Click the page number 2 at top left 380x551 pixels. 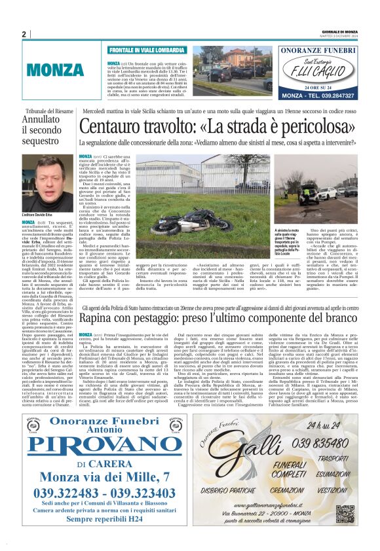[x=24, y=34]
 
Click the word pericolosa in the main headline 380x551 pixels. [x=307, y=124]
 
